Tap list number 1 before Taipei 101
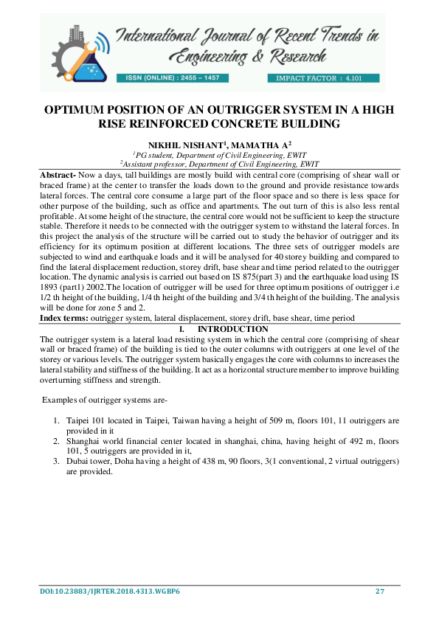(58, 420)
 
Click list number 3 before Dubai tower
(58, 460)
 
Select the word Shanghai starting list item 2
(85, 440)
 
